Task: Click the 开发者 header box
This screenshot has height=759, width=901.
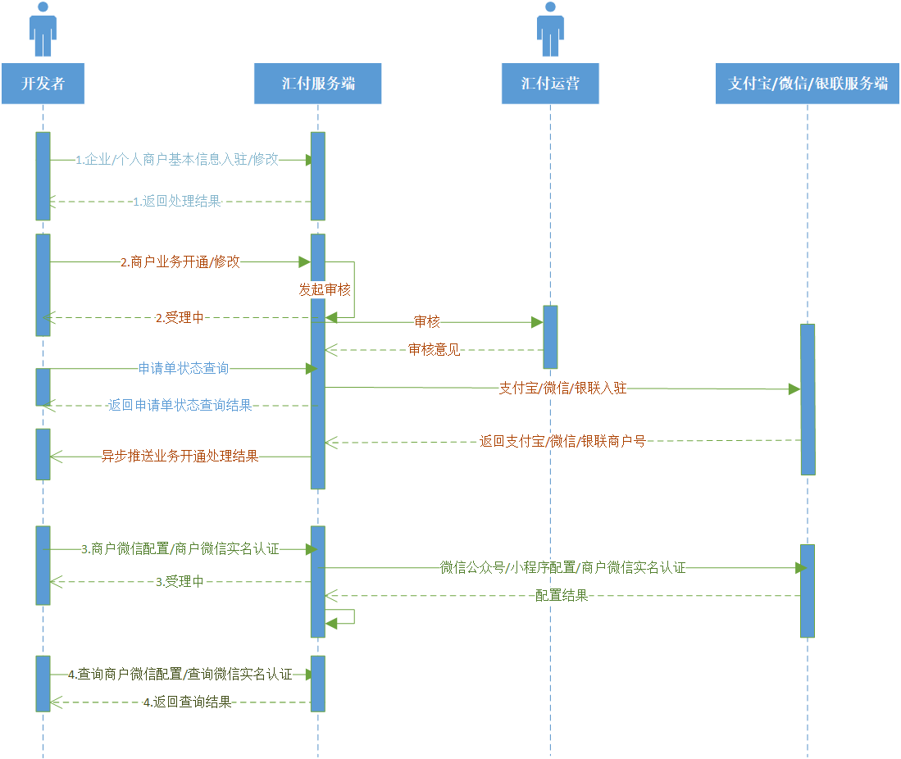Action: coord(43,83)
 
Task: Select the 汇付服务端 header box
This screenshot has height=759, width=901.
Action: coord(318,83)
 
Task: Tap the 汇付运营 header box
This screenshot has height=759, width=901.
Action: coord(550,83)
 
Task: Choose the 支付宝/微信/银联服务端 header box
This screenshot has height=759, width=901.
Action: coord(808,83)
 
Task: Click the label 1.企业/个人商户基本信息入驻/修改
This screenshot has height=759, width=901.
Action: coord(177,160)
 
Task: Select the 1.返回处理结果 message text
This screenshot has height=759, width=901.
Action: coord(177,201)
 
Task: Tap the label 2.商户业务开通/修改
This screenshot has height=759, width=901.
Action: coord(180,262)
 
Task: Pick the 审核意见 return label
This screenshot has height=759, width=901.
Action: coord(435,350)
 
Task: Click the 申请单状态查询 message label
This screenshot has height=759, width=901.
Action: coord(184,369)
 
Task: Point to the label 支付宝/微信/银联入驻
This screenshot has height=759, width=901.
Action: coord(562,388)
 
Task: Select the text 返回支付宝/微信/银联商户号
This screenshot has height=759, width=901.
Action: coord(562,441)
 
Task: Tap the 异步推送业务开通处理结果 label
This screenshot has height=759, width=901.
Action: coord(180,457)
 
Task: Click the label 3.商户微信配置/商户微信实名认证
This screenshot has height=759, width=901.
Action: coord(180,549)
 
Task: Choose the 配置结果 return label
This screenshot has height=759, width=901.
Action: coord(562,596)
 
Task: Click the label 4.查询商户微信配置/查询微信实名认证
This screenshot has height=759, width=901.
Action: coord(180,675)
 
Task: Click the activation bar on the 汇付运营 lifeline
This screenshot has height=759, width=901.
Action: coord(550,337)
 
